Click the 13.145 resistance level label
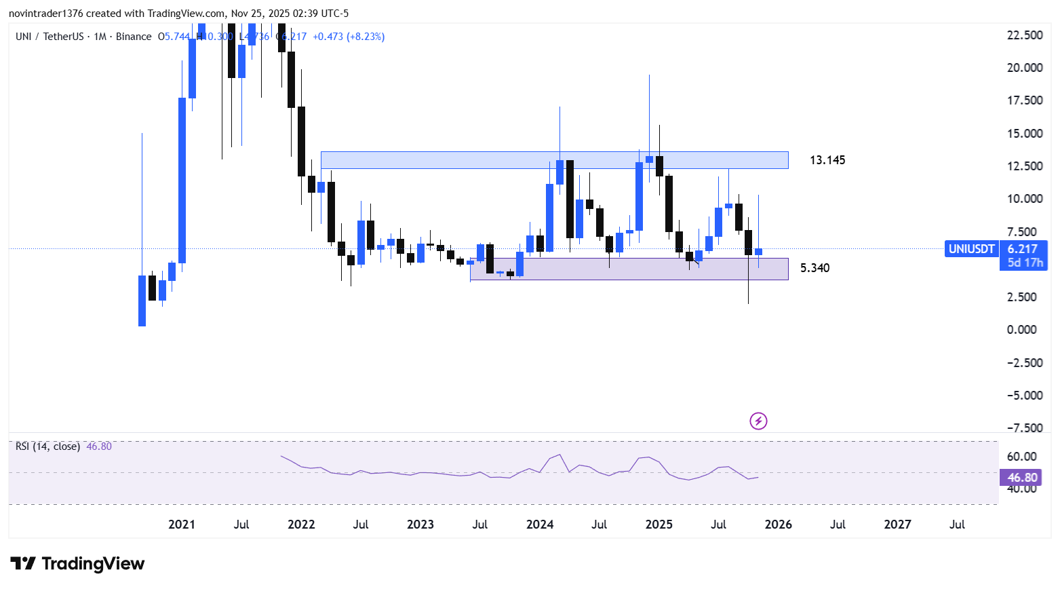tap(827, 160)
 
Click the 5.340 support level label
tap(814, 268)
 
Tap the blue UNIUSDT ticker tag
tap(971, 249)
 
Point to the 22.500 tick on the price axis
tap(1025, 35)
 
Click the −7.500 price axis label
tap(1025, 428)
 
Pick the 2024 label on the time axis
tap(540, 525)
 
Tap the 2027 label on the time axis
tap(898, 525)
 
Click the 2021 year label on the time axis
tap(182, 525)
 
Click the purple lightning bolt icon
tap(758, 421)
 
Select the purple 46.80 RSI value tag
tap(1022, 478)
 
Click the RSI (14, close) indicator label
tap(47, 446)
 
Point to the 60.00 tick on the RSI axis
tap(1021, 457)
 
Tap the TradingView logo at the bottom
tap(78, 564)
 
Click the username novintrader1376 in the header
tap(45, 14)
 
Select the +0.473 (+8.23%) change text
tap(349, 37)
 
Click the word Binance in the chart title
tap(134, 37)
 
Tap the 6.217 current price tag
tap(1023, 249)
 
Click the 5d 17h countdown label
tap(1025, 263)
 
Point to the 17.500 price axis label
tap(1025, 100)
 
